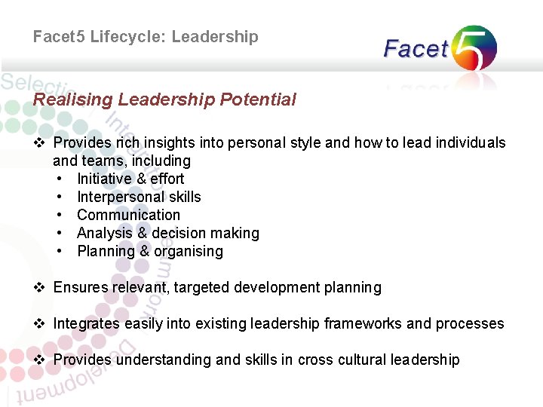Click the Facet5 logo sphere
tap(474, 47)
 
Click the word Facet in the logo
tap(416, 50)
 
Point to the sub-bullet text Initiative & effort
tap(130, 179)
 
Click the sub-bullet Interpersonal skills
tap(139, 197)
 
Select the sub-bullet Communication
tap(128, 215)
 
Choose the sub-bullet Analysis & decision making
tap(167, 233)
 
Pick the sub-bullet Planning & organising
tap(150, 251)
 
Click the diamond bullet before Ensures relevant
tap(41, 287)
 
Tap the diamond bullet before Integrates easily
tap(41, 323)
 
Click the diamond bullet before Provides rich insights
tap(41, 142)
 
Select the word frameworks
tap(363, 323)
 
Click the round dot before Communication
tap(59, 215)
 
